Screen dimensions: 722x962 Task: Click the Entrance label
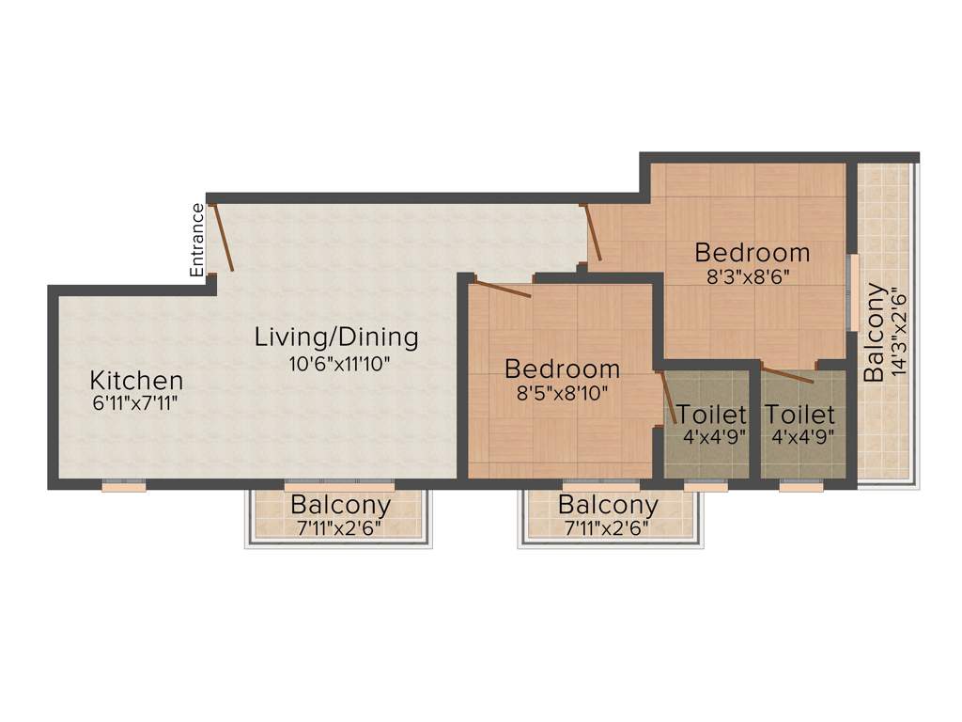click(197, 240)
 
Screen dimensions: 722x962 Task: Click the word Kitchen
click(136, 381)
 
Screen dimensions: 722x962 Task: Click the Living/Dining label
click(336, 337)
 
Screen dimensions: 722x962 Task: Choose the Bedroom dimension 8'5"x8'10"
click(561, 392)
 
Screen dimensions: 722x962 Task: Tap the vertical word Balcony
click(874, 332)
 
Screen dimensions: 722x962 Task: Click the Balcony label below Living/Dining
click(340, 505)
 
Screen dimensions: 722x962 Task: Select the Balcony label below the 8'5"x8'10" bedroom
click(608, 505)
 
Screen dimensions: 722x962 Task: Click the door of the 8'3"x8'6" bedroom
click(592, 232)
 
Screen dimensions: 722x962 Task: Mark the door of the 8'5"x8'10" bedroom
click(503, 289)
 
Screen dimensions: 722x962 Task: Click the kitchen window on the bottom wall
click(124, 486)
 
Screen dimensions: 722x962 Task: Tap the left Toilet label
click(712, 414)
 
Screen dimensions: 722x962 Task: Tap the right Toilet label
click(799, 414)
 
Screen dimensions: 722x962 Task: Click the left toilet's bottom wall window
click(706, 486)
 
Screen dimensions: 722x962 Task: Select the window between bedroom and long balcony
click(851, 291)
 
